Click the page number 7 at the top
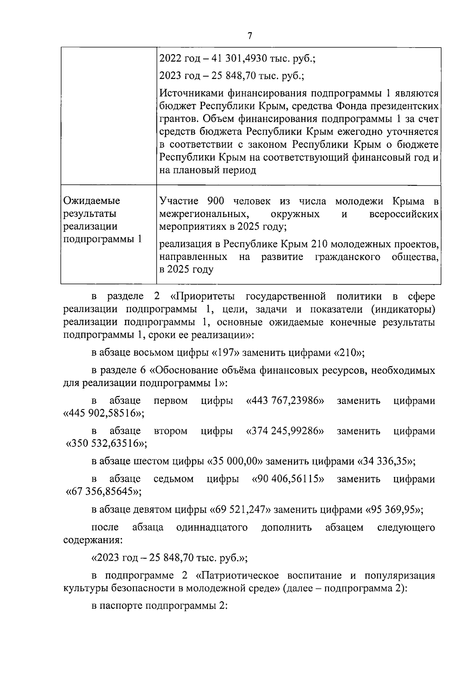click(250, 36)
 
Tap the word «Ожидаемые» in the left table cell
click(92, 201)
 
